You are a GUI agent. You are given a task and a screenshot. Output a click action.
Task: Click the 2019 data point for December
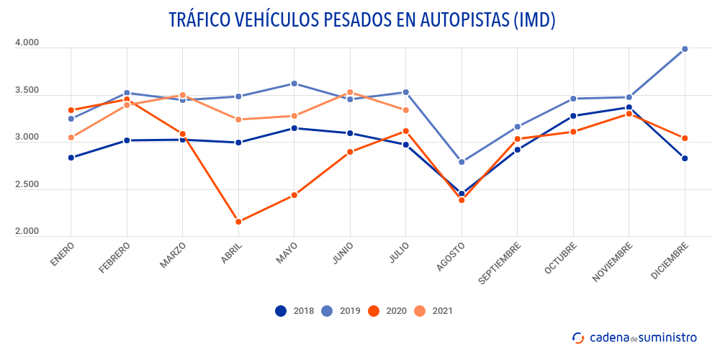(685, 49)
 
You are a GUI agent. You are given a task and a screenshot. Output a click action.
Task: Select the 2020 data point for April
(238, 222)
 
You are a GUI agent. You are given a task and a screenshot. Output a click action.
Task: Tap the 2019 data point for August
(462, 162)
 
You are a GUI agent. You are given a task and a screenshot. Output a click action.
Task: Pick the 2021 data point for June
(350, 92)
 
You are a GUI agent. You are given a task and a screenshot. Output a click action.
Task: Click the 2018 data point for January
(71, 158)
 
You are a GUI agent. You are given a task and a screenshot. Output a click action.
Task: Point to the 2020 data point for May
(294, 195)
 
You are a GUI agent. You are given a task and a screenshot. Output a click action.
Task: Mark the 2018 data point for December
(685, 158)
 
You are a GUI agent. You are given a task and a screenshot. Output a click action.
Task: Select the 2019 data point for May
(294, 84)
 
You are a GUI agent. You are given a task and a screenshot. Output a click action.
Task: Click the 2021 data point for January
(71, 138)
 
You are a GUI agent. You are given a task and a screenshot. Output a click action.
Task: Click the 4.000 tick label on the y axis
(27, 43)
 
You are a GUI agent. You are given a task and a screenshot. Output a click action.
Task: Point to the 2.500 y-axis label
(27, 185)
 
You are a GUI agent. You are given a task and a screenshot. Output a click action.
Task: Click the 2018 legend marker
(281, 311)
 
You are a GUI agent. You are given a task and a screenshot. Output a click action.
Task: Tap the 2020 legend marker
(374, 311)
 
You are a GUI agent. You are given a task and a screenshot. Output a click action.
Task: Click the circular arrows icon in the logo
(577, 337)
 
